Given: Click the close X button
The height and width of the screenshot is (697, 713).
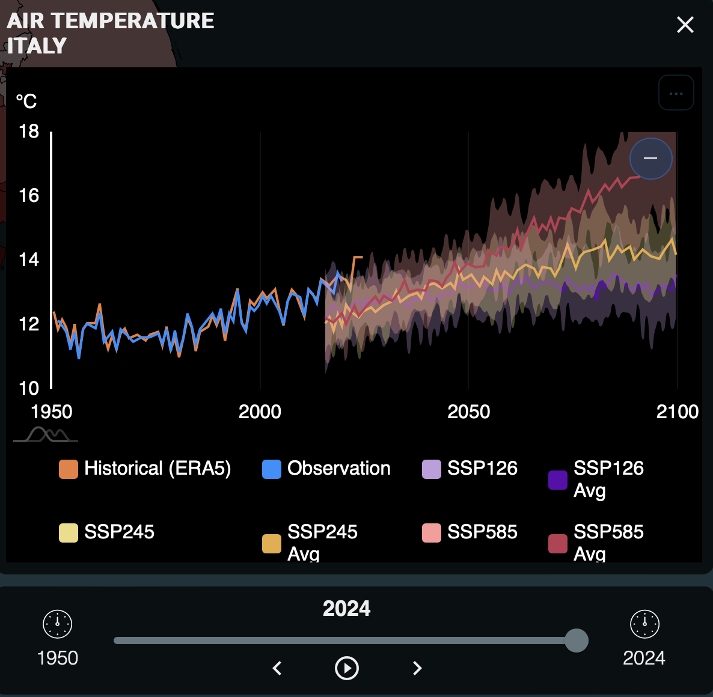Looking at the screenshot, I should coord(685,25).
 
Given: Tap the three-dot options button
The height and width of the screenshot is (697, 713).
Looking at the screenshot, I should coord(676,93).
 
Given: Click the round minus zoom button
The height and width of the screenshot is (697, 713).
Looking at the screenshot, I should coord(650,159).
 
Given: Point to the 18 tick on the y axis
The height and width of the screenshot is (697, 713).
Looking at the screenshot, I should coord(29,131).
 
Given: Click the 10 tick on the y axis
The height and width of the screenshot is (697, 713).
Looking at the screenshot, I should coord(29,388).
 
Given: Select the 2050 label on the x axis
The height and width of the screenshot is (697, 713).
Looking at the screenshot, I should coord(468,412).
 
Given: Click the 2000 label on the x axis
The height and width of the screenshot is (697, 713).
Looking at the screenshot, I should coord(260,412).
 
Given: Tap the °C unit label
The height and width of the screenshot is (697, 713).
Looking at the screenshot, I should coord(26,101).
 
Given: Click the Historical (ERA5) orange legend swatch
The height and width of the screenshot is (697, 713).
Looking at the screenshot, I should coord(69,469).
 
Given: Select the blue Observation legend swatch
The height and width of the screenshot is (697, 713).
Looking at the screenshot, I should coord(272,469).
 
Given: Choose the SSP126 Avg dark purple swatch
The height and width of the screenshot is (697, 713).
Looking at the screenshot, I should coord(558,480).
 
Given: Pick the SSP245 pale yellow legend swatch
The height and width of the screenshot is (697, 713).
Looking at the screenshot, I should coord(69,533).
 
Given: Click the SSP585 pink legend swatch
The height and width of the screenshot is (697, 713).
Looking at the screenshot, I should coord(432,533).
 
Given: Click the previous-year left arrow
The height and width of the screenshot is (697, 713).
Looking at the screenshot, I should coord(277,668).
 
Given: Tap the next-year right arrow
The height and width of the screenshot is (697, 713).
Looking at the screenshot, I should coord(417,668).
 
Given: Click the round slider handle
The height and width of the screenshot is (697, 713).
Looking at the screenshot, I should coord(577,641).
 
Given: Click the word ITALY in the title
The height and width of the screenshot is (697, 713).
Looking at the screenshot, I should coord(37,46).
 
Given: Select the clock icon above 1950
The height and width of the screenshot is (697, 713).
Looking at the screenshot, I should coord(58,624).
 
